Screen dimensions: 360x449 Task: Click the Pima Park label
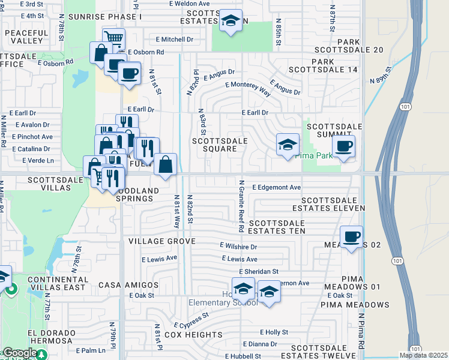(334, 155)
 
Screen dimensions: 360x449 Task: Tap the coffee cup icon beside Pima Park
(343, 146)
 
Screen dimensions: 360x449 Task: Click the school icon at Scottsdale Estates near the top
(231, 21)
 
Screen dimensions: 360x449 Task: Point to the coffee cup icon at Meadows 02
(352, 236)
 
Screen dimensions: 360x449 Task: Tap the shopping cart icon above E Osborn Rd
(113, 40)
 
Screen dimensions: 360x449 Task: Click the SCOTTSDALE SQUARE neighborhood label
(220, 145)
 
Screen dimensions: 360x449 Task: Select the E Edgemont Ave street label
(276, 187)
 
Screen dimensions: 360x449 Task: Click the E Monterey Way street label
(248, 88)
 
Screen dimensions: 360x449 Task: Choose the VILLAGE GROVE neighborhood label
(162, 241)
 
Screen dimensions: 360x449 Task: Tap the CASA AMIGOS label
(128, 285)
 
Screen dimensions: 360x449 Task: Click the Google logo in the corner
(19, 353)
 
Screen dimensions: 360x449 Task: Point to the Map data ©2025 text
(423, 355)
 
